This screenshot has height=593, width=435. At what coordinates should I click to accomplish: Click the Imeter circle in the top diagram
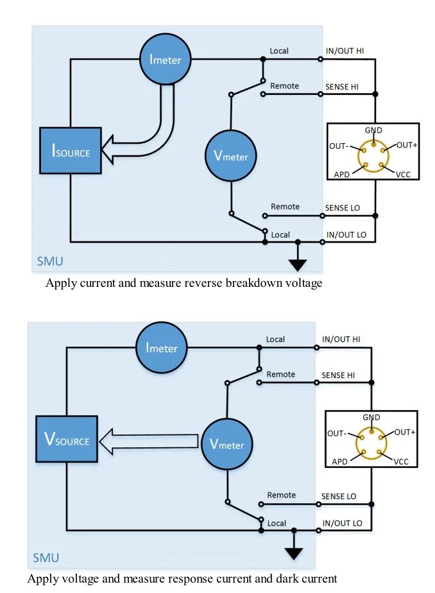(x=166, y=60)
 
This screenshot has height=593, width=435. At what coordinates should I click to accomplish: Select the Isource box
(x=71, y=151)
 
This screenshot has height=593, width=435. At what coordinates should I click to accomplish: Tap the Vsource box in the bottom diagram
(x=67, y=440)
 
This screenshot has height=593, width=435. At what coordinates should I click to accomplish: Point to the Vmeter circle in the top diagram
(x=230, y=155)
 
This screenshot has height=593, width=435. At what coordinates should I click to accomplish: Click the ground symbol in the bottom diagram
(x=294, y=551)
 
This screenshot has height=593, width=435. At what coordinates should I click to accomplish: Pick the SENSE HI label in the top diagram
(x=346, y=87)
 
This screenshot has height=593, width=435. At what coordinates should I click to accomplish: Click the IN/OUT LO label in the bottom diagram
(x=342, y=523)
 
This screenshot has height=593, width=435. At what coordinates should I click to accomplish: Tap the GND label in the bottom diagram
(x=371, y=417)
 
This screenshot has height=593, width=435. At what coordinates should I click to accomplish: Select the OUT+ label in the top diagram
(x=407, y=145)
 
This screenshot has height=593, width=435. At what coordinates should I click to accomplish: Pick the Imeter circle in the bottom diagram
(x=162, y=348)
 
